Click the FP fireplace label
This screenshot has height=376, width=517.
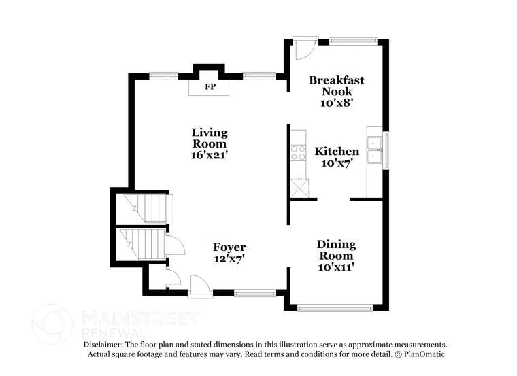[x=210, y=86]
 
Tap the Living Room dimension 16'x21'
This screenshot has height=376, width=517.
[x=210, y=155]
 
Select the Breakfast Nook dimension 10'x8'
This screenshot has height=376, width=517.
[x=337, y=103]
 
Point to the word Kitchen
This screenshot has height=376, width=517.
[x=337, y=151]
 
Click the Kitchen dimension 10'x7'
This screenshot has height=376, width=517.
[x=337, y=163]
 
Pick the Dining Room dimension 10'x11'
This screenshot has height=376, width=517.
[x=336, y=267]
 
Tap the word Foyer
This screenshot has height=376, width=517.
[x=229, y=247]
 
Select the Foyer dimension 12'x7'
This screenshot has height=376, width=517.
[x=229, y=259]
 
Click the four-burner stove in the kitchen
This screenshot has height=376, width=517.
[x=298, y=153]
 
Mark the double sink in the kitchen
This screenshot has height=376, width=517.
[x=375, y=150]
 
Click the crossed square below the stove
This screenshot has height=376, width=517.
[x=299, y=188]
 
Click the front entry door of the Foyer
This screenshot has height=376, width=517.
[x=200, y=285]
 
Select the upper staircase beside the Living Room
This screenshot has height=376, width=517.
[x=148, y=208]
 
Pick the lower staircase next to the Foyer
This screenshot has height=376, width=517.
[x=142, y=245]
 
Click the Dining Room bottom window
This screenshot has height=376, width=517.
[x=335, y=309]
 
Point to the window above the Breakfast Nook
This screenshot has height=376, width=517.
[x=353, y=41]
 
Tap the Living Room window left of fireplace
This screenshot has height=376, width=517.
[x=164, y=76]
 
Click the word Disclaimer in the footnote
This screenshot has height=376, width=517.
[x=103, y=345]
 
